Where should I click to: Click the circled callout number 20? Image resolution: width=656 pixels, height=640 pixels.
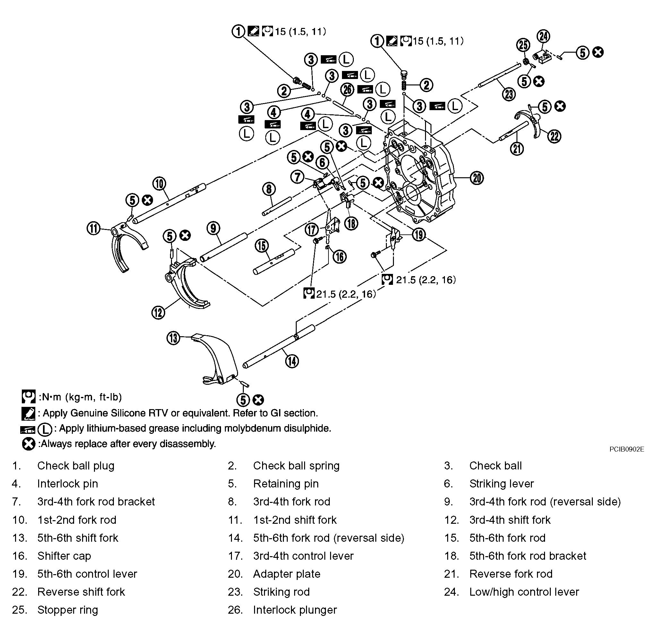pos(477,178)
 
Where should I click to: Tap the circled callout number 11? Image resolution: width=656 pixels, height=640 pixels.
pos(93,229)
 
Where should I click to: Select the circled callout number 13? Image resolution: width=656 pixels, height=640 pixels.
pos(173,338)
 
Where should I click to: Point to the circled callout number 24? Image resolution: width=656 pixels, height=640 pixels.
pos(543,36)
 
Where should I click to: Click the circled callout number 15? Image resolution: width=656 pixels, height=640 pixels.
pos(262,246)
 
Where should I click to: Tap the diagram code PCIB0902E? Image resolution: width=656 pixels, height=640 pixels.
pos(627,449)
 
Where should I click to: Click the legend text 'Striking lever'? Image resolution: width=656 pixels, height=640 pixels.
pos(501,484)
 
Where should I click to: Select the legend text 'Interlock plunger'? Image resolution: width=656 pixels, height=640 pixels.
pos(295,610)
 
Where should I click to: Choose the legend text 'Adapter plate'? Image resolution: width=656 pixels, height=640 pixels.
pos(287,574)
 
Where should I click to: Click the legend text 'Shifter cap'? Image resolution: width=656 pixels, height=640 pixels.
pos(64,556)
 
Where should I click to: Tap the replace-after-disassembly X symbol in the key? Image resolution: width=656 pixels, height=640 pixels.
pos(29,444)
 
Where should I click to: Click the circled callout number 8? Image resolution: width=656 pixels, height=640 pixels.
pos(269,189)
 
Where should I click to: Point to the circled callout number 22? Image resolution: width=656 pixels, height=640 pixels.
pos(554,136)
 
